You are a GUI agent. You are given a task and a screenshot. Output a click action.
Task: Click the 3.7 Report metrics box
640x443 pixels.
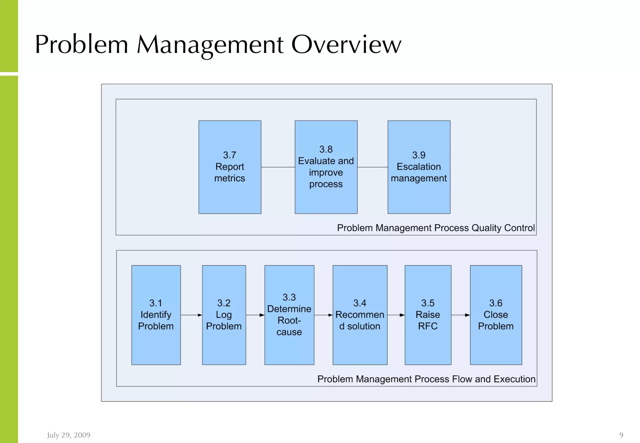coord(230,167)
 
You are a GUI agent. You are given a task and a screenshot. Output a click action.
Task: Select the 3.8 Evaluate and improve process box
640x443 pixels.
coord(326,167)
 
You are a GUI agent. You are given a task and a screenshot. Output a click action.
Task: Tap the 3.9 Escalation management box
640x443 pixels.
coord(419,167)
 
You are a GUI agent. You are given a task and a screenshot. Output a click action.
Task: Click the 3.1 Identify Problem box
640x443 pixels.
coord(156,315)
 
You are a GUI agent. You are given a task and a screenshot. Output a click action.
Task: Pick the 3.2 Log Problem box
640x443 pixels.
coord(224,315)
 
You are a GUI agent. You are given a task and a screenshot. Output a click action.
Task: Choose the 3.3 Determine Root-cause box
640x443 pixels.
coord(289,315)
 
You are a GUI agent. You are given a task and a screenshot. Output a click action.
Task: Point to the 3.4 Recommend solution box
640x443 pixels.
coord(360,315)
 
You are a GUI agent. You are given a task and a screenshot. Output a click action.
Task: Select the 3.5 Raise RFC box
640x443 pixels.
coord(428,315)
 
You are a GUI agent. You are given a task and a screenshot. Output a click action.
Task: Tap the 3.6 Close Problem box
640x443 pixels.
coord(496,315)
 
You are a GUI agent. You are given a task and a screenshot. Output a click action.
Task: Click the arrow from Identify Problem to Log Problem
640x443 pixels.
coord(191,315)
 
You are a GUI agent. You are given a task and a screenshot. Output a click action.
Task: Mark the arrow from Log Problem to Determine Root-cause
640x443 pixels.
coord(255,315)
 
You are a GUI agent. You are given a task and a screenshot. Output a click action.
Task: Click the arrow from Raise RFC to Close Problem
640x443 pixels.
coord(461,315)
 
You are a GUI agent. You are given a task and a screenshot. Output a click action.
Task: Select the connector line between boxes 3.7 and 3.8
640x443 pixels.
coord(278,167)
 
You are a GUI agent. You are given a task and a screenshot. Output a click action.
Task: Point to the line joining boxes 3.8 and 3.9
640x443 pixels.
coord(372,167)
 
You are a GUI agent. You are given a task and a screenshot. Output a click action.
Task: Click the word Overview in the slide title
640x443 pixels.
coord(346,44)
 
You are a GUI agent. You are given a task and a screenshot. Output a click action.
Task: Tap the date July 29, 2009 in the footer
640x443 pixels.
coord(69,435)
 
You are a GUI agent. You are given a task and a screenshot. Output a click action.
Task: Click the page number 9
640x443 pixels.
coord(621,435)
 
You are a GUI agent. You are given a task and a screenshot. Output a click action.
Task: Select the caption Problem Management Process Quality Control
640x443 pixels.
coord(436,228)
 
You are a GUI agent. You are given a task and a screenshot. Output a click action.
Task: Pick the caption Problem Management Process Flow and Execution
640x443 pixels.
coord(426,379)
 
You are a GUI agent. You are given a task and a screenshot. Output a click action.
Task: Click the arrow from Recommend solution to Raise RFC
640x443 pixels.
coord(396,315)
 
